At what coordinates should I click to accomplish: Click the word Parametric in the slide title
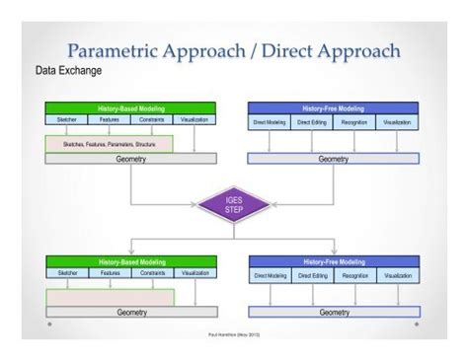pyautogui.click(x=112, y=51)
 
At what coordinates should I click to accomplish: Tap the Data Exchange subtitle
pyautogui.click(x=68, y=71)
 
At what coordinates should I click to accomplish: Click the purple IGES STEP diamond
pyautogui.click(x=233, y=205)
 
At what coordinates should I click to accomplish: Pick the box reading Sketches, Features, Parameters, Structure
pyautogui.click(x=109, y=144)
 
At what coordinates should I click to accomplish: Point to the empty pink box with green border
pyautogui.click(x=110, y=297)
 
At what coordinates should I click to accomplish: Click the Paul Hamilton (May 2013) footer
pyautogui.click(x=233, y=334)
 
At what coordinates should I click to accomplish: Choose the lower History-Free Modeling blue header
pyautogui.click(x=334, y=262)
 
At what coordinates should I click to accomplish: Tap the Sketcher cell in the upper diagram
pyautogui.click(x=67, y=119)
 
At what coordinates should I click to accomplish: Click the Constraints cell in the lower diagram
pyautogui.click(x=152, y=273)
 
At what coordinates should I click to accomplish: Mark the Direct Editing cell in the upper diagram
pyautogui.click(x=312, y=122)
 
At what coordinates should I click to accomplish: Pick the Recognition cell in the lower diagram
pyautogui.click(x=354, y=275)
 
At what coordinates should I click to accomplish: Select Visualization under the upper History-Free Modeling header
pyautogui.click(x=397, y=122)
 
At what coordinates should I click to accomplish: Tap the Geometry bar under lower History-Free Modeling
pyautogui.click(x=334, y=312)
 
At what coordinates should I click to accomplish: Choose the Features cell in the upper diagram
pyautogui.click(x=110, y=119)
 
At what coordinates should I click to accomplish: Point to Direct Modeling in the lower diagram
pyautogui.click(x=270, y=275)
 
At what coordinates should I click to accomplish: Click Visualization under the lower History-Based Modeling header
pyautogui.click(x=195, y=272)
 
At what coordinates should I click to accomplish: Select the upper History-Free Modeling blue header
pyautogui.click(x=333, y=108)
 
